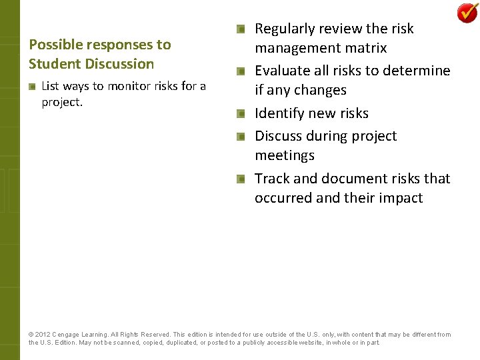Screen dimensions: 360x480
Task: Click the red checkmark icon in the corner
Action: pyautogui.click(x=467, y=13)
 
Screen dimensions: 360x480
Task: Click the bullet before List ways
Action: pyautogui.click(x=33, y=86)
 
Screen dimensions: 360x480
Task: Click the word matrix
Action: pyautogui.click(x=365, y=48)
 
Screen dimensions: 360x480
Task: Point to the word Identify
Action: pyautogui.click(x=279, y=113)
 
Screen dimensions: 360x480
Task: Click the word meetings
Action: pyautogui.click(x=285, y=155)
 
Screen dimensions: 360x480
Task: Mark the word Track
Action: pyautogui.click(x=272, y=179)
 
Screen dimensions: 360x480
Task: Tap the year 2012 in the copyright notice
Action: pyautogui.click(x=43, y=335)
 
